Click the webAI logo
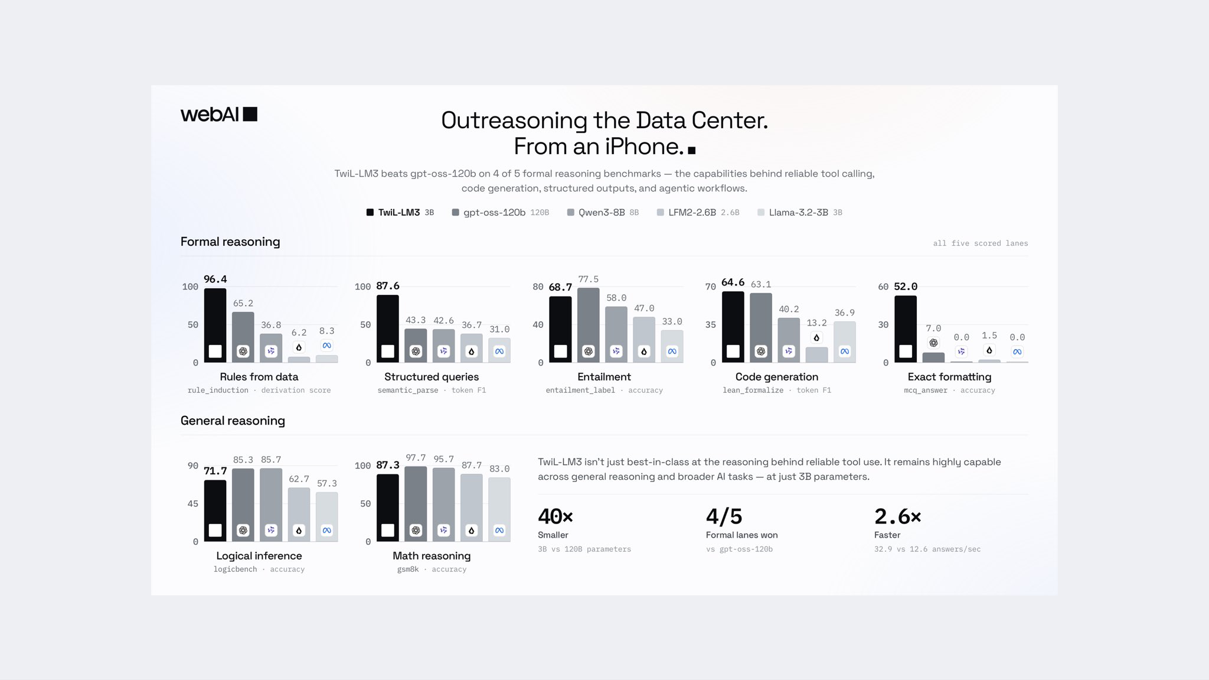point(219,114)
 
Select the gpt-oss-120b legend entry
point(500,213)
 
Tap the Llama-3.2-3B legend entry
point(800,213)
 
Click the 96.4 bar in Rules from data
point(215,326)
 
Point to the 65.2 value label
point(243,304)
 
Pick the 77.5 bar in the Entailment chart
point(588,326)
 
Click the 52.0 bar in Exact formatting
point(906,329)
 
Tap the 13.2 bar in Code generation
point(816,355)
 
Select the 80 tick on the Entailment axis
point(538,287)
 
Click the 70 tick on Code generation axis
point(710,287)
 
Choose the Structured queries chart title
point(432,377)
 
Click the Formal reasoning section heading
point(230,242)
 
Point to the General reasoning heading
point(233,421)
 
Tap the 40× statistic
point(556,517)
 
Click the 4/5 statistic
point(724,517)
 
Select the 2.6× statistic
point(898,517)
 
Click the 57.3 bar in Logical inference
point(326,517)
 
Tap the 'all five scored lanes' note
point(980,243)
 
